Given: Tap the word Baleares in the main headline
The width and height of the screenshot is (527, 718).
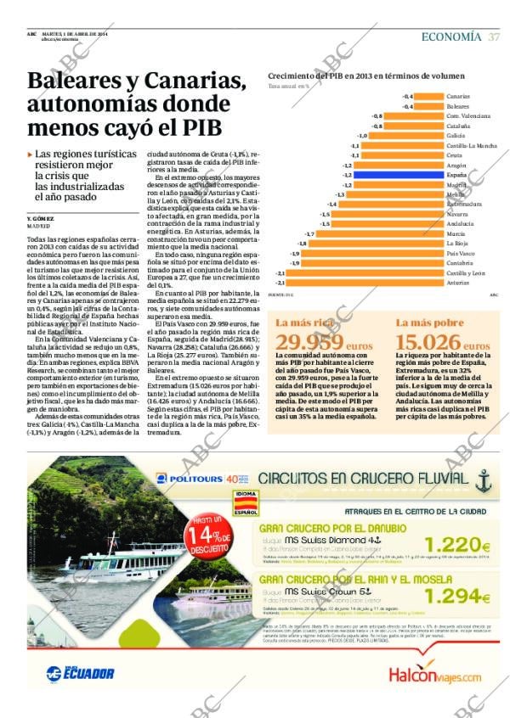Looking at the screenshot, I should tap(77, 82).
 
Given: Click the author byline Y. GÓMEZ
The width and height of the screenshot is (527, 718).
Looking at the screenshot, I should tap(41, 219).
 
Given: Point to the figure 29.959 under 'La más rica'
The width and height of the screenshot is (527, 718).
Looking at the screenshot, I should tap(309, 342).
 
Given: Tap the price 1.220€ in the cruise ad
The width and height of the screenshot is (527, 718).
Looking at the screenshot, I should tap(458, 546).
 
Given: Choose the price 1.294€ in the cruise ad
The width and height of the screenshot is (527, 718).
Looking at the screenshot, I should tap(458, 597).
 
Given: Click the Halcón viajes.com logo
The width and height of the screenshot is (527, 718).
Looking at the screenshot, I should tap(434, 675).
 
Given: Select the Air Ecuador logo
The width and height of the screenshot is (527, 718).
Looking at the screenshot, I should tap(80, 673).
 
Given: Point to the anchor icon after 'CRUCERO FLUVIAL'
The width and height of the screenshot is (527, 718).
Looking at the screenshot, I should tap(484, 481).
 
